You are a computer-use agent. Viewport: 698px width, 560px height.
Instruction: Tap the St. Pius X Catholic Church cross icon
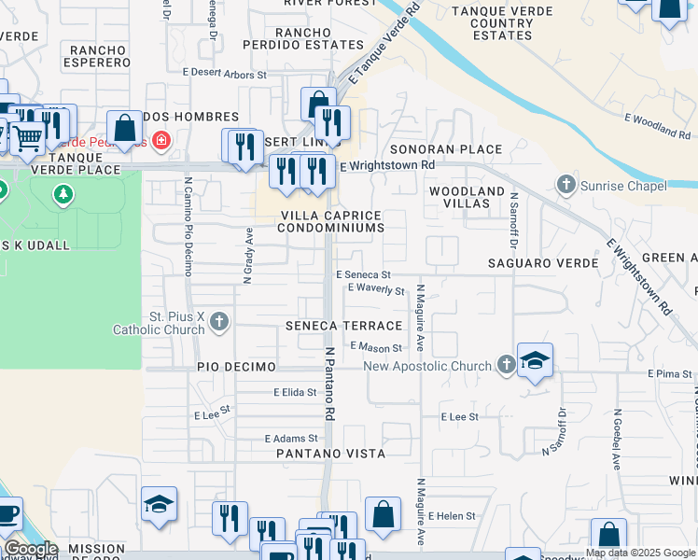point(219,323)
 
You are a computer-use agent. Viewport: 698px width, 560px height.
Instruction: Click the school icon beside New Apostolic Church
point(536,360)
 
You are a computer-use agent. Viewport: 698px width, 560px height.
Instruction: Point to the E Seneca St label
point(363,275)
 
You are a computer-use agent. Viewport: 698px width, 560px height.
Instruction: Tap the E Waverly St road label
point(376,290)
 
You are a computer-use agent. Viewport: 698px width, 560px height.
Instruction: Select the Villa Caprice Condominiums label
point(331,221)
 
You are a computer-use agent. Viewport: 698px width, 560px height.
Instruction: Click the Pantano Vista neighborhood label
point(331,454)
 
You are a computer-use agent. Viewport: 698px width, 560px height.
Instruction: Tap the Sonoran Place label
point(445,149)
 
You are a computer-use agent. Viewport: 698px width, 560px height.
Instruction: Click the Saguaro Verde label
point(543,263)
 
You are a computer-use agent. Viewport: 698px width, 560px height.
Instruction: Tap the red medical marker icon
point(161,141)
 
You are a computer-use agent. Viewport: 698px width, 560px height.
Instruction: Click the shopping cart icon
point(28,138)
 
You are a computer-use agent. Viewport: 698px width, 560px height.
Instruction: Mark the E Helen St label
point(452,516)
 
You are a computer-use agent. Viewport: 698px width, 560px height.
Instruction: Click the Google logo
point(31,549)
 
